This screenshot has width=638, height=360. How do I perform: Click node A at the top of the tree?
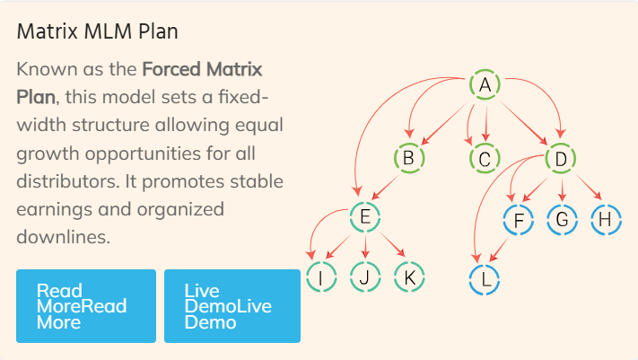coord(485,84)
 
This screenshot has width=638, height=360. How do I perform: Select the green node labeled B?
coord(409,158)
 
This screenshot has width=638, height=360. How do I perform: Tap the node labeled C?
coord(485,158)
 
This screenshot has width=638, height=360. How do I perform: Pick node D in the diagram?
coord(560,158)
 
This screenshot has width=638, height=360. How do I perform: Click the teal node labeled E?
coord(365,216)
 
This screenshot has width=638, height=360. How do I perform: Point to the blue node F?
coord(519,220)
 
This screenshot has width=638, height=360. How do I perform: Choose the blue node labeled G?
coord(562,220)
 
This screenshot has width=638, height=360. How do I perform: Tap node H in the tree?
coord(606,220)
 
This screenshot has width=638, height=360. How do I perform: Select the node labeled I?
coord(321,277)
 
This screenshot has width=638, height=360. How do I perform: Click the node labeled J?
coord(365,277)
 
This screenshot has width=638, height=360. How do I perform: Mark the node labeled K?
coord(409,277)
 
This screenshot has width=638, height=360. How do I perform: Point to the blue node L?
coord(485,280)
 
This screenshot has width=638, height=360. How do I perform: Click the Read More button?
coord(86,306)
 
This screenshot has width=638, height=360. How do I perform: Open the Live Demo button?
coord(232,306)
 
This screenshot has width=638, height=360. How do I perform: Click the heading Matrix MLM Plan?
coord(97,31)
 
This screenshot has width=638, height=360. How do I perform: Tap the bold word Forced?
coord(171,69)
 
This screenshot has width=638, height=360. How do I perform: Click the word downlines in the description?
coord(63,237)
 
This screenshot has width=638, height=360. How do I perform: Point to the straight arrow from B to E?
coord(385,188)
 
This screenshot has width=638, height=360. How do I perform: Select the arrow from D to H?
coord(589,187)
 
